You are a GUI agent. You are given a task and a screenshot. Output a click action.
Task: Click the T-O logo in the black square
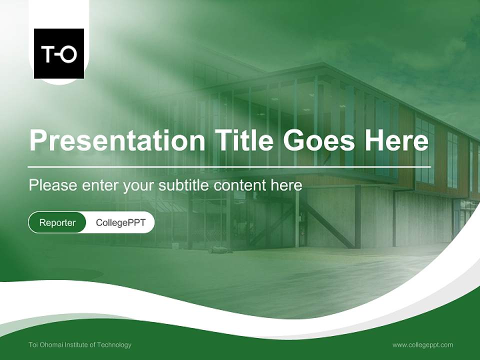[x=59, y=53]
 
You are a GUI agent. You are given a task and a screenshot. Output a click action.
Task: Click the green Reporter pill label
[x=57, y=222]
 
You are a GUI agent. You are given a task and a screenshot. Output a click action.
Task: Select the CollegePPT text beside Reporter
[x=120, y=222]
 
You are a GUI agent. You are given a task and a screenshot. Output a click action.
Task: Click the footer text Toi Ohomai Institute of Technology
[x=80, y=344]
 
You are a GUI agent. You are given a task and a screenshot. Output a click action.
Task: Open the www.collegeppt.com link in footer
[x=422, y=344]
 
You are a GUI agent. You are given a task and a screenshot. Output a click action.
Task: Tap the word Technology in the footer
[x=115, y=344]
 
